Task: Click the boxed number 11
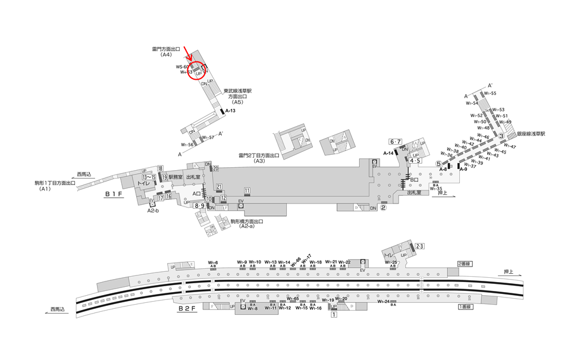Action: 247,190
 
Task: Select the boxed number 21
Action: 219,186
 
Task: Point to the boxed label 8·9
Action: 200,206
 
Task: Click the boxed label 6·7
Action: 396,141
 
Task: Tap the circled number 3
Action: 501,136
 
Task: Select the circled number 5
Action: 438,164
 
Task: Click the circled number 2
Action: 384,208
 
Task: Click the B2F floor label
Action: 189,309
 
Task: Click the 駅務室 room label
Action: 175,177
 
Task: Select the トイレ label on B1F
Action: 142,184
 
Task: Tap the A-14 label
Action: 390,153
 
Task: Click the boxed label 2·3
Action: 419,246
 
